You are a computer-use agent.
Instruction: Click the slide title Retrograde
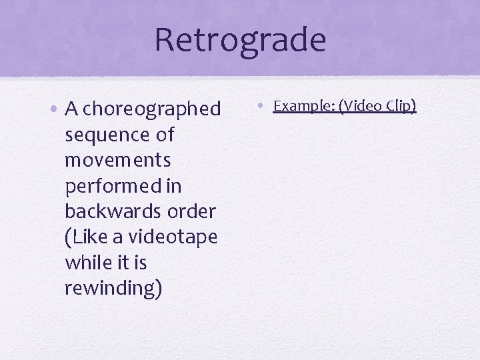click(x=240, y=39)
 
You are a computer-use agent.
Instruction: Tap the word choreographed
click(x=152, y=109)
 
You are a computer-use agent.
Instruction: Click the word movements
click(x=118, y=161)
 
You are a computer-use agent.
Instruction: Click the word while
click(x=87, y=263)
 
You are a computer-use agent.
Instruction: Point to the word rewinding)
click(x=113, y=289)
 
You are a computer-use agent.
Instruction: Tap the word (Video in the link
click(x=361, y=106)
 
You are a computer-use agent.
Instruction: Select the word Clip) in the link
click(x=402, y=106)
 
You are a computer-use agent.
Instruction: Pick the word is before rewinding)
click(x=139, y=263)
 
